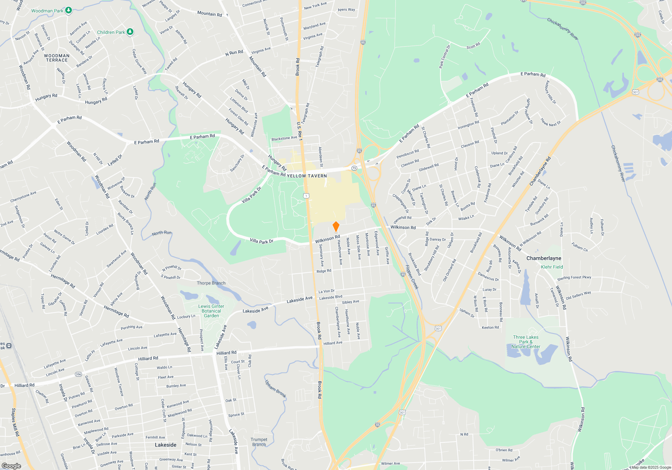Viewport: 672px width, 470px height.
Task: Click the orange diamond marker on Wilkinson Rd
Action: (336, 226)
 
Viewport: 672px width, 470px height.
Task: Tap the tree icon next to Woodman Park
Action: (69, 10)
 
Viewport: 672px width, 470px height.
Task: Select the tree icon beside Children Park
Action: (130, 32)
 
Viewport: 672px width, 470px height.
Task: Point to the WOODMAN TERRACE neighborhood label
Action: (57, 58)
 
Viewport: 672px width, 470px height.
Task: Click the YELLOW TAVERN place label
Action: (307, 176)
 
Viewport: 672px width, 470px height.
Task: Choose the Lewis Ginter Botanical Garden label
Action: (211, 311)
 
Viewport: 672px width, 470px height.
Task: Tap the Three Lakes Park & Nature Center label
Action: (526, 342)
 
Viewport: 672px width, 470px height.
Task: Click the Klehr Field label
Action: (552, 267)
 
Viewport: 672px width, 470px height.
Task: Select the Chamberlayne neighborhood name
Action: (544, 258)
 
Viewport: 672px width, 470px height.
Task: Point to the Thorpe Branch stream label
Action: (211, 283)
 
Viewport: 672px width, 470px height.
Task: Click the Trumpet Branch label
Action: (259, 442)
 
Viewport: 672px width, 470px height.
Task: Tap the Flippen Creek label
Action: (412, 277)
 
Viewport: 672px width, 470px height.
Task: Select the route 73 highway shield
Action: (354, 168)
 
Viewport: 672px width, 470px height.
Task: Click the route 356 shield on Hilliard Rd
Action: (78, 374)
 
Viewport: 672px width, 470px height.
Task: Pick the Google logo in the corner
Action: (11, 466)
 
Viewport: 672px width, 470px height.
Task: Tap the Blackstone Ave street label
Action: (284, 138)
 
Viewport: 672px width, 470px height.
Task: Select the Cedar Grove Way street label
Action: (139, 61)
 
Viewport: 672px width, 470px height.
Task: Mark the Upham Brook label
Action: (276, 389)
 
